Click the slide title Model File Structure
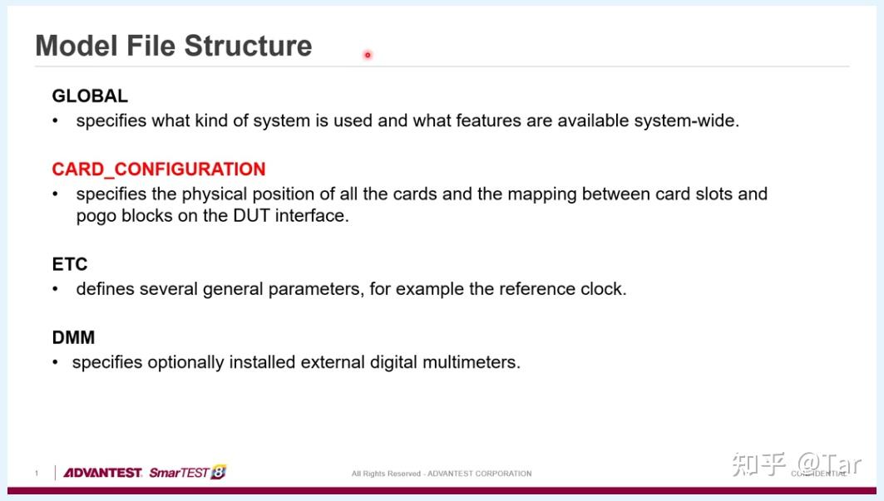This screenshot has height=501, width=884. coord(174,47)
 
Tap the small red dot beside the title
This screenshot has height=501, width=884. coord(368,55)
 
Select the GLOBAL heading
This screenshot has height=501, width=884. coord(90,96)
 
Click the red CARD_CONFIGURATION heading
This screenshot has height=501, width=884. coord(158,169)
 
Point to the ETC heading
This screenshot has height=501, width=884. coord(70,264)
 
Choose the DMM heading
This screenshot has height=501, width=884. coord(73,337)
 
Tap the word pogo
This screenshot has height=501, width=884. coord(96,216)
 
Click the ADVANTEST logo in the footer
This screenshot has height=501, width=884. coord(102,472)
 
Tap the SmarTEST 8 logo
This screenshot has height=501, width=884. coord(187,472)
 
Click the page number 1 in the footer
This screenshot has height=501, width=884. coord(37,474)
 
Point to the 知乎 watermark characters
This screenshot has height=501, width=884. coord(758,465)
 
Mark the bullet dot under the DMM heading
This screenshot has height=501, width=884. coord(55,361)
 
